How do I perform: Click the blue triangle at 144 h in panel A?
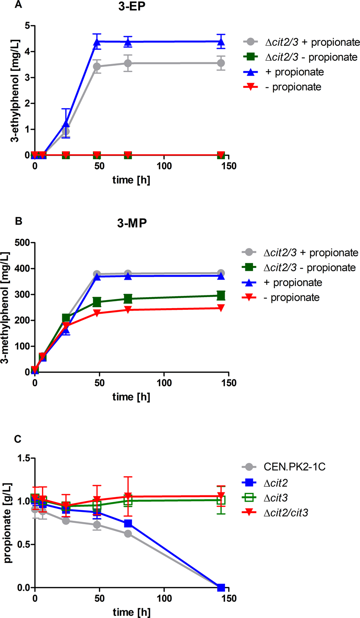click(221, 42)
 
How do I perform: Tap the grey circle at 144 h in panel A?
click(221, 63)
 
